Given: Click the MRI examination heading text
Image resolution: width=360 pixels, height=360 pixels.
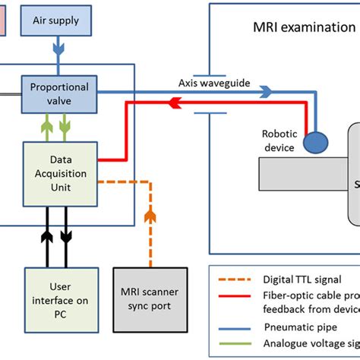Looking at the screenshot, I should (304, 28).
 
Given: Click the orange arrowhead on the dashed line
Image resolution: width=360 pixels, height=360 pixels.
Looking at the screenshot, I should (152, 216).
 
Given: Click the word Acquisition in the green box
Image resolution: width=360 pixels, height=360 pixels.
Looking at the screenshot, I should (61, 174).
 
